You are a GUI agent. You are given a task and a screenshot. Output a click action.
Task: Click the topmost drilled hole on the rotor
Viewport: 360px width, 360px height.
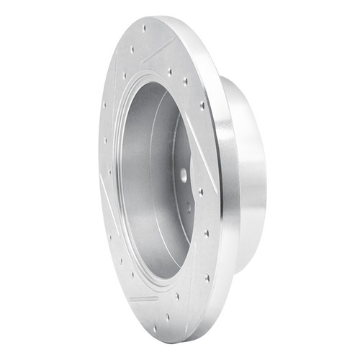click(144, 29)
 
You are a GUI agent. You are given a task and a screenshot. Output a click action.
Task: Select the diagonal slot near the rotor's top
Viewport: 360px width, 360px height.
click(158, 50)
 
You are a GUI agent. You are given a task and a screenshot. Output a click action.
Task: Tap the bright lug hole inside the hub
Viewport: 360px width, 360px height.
click(183, 173)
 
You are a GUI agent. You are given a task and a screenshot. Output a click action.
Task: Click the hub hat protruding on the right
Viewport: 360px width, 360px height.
click(248, 173)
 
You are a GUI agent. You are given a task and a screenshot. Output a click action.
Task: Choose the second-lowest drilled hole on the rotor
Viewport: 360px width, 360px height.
click(168, 317)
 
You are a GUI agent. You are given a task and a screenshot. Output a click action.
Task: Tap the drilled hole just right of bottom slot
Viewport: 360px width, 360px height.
click(177, 296)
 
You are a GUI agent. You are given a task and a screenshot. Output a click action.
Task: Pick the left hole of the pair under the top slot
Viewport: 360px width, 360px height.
click(168, 71)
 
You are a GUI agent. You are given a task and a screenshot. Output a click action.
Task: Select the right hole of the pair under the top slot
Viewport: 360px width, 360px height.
click(185, 81)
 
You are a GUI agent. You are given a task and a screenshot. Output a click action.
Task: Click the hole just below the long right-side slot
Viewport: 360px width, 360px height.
click(201, 192)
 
